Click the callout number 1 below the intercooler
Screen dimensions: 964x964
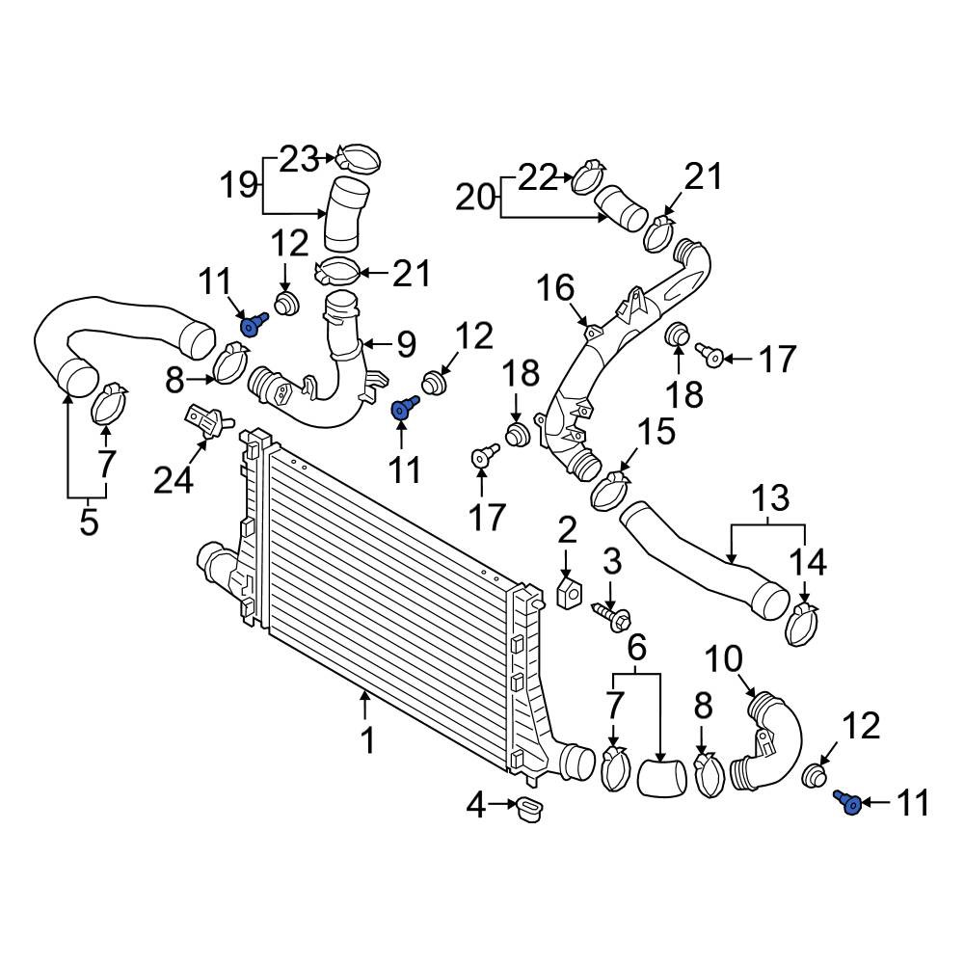(x=367, y=740)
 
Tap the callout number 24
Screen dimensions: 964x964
(x=174, y=479)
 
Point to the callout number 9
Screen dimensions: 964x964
(x=407, y=344)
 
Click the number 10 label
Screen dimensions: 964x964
(x=724, y=659)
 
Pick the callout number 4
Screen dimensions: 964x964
(x=476, y=805)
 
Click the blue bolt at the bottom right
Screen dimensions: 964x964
(x=847, y=802)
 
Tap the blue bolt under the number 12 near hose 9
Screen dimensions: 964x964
(x=404, y=407)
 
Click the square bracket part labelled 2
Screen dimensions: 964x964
(x=569, y=592)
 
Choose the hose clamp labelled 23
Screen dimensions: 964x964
(x=359, y=159)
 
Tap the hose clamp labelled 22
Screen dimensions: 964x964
(x=589, y=176)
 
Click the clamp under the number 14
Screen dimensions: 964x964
(x=802, y=625)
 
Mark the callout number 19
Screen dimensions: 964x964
(x=239, y=183)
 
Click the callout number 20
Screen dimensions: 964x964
(x=476, y=198)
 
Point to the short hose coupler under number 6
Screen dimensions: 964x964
(x=661, y=778)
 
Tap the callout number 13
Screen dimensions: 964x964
(x=769, y=497)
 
